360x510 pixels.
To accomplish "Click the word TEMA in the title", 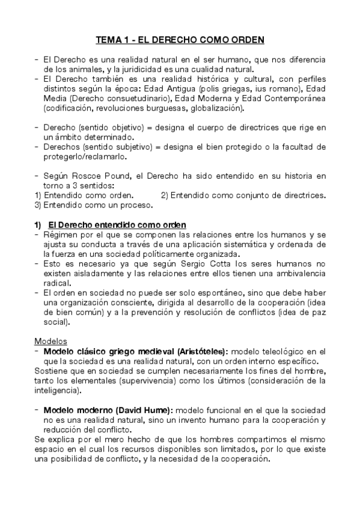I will coord(109,40).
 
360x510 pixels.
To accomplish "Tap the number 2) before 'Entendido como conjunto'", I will coord(166,195).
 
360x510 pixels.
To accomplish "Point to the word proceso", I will coord(133,204).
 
